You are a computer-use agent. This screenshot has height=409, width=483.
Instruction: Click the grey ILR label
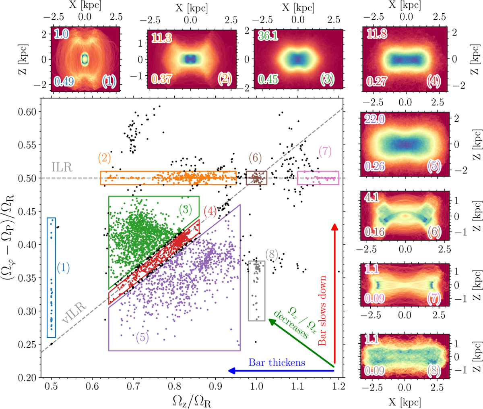pyautogui.click(x=62, y=168)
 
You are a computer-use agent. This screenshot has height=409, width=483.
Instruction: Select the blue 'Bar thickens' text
pyautogui.click(x=277, y=362)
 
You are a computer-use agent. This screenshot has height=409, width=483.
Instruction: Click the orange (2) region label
pyautogui.click(x=104, y=158)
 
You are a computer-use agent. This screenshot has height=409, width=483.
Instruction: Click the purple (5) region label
pyautogui.click(x=142, y=337)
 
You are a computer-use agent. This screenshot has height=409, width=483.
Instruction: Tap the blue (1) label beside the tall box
pyautogui.click(x=63, y=267)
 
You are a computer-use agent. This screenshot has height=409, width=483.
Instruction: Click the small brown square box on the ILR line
pyautogui.click(x=256, y=178)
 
